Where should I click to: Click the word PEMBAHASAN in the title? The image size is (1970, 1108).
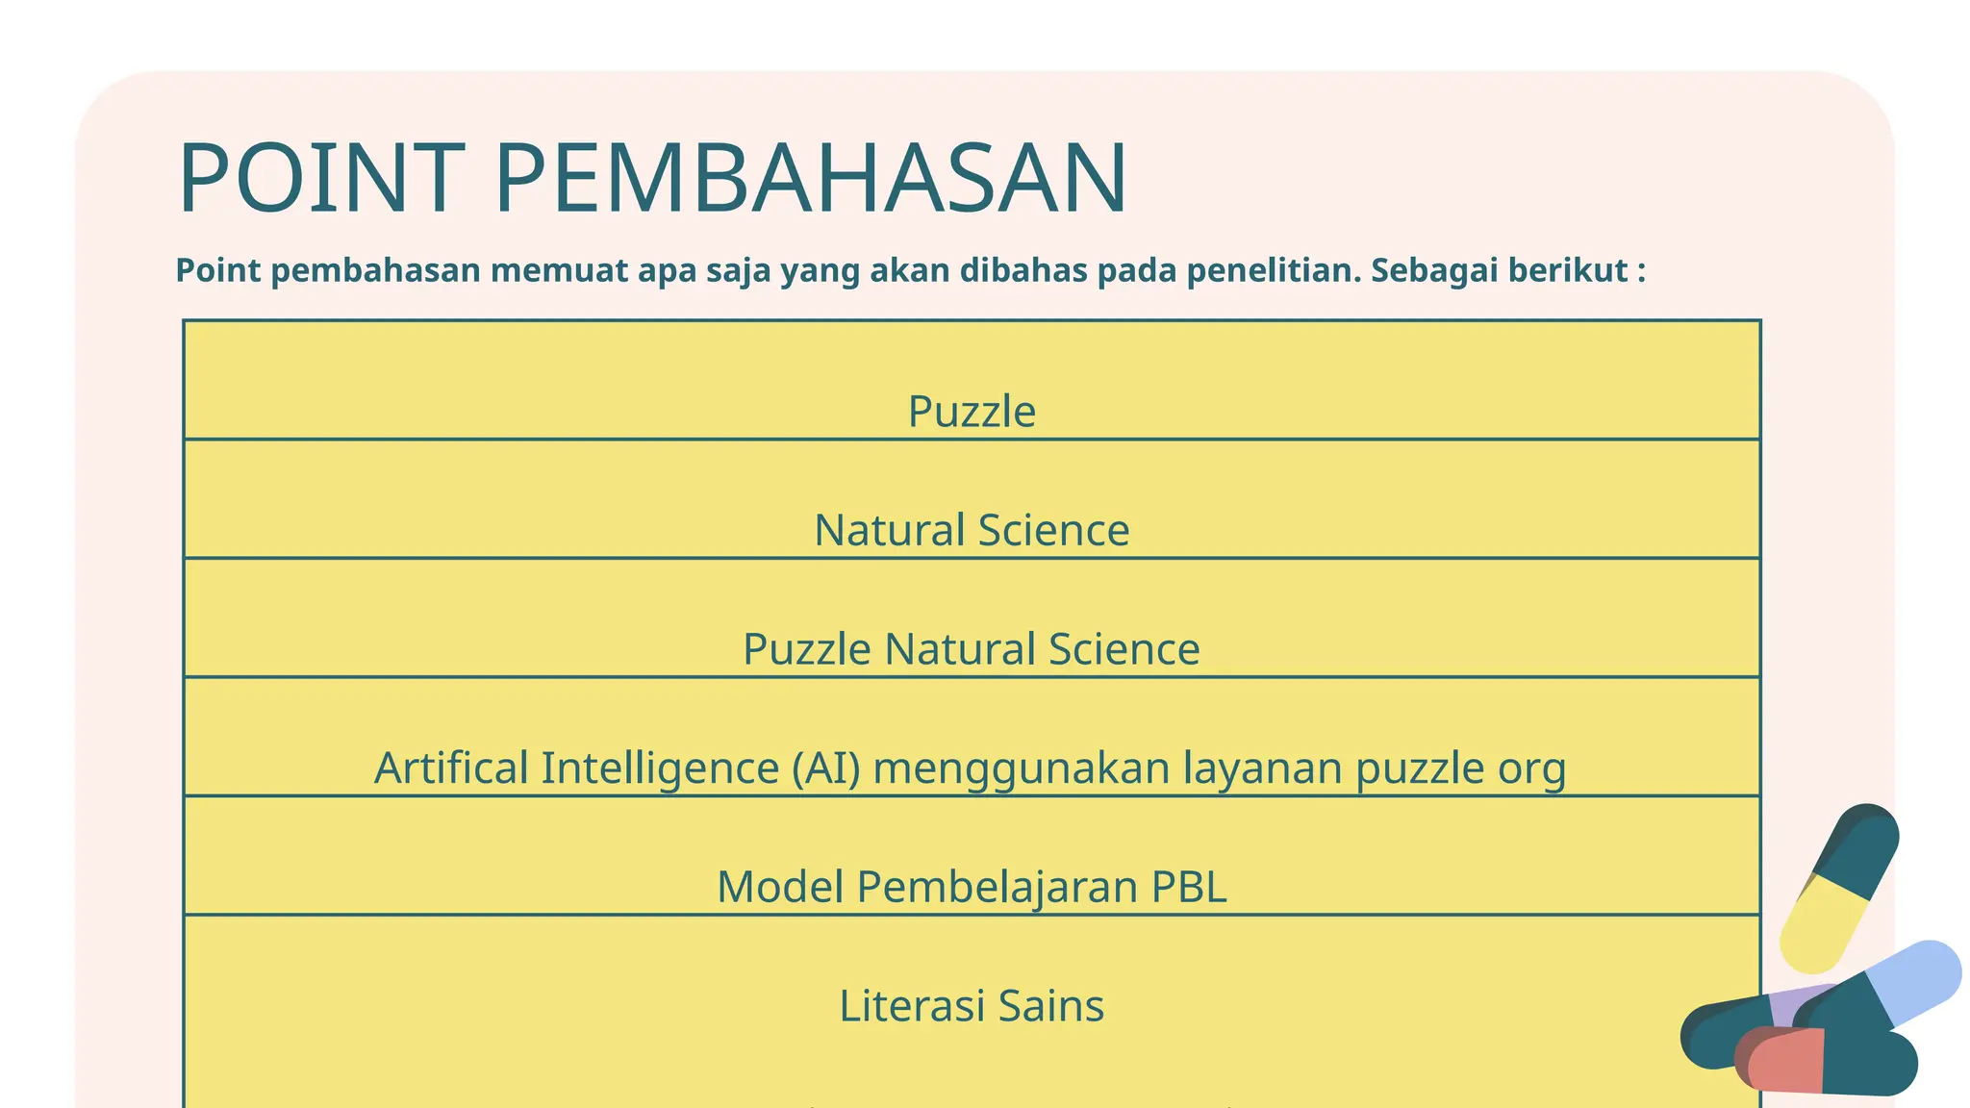point(811,179)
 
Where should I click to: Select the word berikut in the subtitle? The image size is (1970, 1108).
point(1567,271)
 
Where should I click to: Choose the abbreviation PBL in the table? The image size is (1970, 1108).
point(1188,887)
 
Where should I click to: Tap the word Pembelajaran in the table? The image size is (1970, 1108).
point(997,887)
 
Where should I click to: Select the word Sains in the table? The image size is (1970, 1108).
point(1050,1006)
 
